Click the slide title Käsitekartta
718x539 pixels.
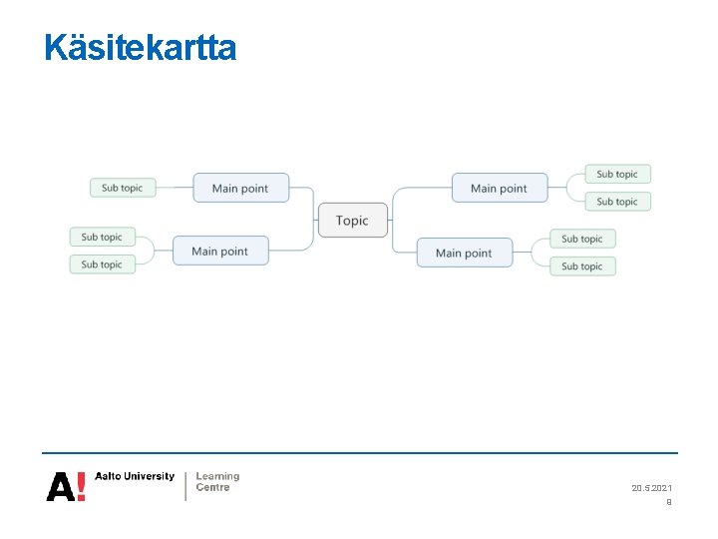pyautogui.click(x=140, y=47)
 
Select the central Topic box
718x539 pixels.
pyautogui.click(x=352, y=221)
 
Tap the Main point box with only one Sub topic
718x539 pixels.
pyautogui.click(x=240, y=188)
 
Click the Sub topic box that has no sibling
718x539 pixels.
pyautogui.click(x=122, y=188)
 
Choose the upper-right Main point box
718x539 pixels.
pyautogui.click(x=499, y=188)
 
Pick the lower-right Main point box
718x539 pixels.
pyautogui.click(x=464, y=253)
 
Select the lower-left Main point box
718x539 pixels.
pyautogui.click(x=219, y=251)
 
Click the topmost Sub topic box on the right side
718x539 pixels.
pyautogui.click(x=617, y=174)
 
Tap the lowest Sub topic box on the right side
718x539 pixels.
pyautogui.click(x=582, y=267)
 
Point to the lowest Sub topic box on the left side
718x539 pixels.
pyautogui.click(x=102, y=265)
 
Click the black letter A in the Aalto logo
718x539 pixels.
pyautogui.click(x=59, y=487)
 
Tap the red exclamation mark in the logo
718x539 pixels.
pyautogui.click(x=80, y=487)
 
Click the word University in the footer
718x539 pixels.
pyautogui.click(x=150, y=477)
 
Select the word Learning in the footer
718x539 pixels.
pyautogui.click(x=217, y=477)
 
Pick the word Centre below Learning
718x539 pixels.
pyautogui.click(x=212, y=488)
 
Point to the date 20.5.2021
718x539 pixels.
pyautogui.click(x=651, y=488)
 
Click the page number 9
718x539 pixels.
pyautogui.click(x=669, y=502)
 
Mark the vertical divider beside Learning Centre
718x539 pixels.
pyautogui.click(x=185, y=486)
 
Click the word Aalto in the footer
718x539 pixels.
pyautogui.click(x=108, y=477)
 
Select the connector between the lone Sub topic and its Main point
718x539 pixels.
pyautogui.click(x=173, y=188)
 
